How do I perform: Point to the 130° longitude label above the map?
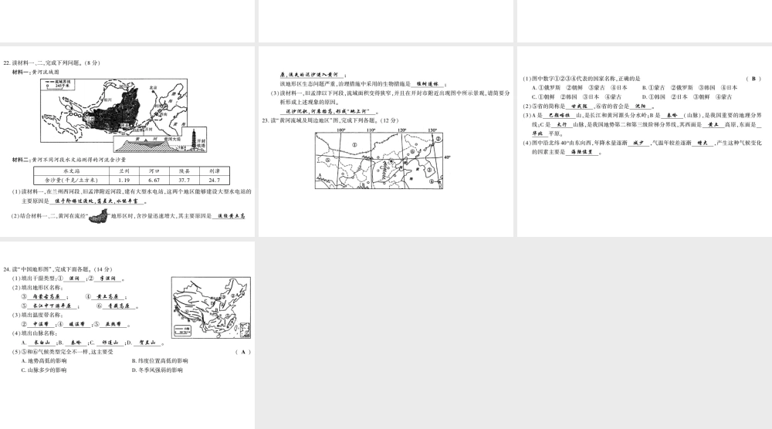(x=432, y=130)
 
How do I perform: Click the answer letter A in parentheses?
(x=242, y=352)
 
